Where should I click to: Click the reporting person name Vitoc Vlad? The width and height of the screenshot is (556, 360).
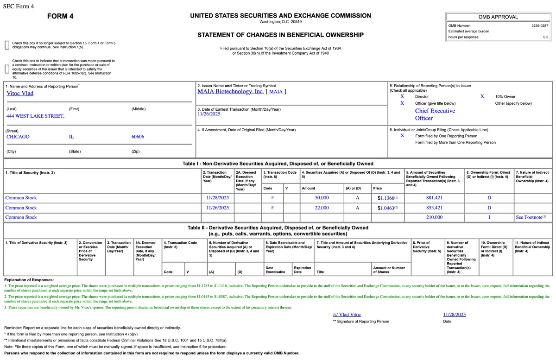pos(20,93)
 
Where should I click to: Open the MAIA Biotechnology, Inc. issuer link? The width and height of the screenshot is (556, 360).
pos(230,91)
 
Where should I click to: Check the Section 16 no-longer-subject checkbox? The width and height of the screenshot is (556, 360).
pos(7,45)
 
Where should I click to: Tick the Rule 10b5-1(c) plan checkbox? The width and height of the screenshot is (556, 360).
pos(7,69)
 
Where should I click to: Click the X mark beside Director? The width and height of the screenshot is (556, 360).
pos(402,96)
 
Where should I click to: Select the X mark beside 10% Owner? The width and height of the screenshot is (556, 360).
pos(482,96)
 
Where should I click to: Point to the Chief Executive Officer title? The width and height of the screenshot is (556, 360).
pos(435,114)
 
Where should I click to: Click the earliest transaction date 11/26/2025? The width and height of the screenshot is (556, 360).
pos(208,114)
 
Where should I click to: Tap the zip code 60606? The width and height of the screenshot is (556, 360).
pos(138,137)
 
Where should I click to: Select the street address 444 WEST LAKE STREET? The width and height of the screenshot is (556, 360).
pos(35,116)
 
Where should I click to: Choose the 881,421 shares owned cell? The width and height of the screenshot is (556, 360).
pos(434,198)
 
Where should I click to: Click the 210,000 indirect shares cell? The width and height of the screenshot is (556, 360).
pos(434,217)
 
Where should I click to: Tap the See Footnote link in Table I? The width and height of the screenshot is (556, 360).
pos(530,217)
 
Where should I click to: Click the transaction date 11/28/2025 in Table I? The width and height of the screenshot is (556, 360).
pos(218,198)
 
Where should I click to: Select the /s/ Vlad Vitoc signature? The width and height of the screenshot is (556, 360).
pos(347,315)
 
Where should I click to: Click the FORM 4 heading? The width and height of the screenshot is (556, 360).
pos(60,17)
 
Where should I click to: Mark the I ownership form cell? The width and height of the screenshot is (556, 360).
pos(489,217)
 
